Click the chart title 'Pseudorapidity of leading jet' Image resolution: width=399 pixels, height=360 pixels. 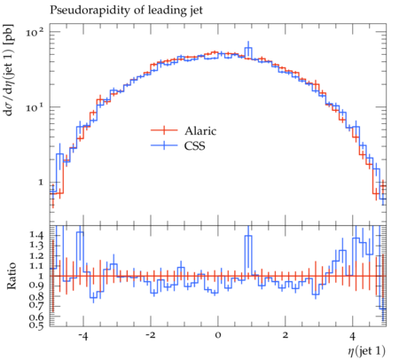126,11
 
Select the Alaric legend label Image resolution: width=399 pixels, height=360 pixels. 200,130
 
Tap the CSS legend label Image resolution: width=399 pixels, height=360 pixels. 194,145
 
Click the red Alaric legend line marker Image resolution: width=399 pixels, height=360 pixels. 164,130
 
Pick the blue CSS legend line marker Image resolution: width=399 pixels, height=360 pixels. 164,145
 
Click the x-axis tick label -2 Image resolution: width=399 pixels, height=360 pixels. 150,336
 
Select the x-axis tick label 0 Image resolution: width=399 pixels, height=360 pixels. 218,336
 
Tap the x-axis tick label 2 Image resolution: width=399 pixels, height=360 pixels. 286,336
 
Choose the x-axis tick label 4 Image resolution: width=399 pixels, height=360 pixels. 352,336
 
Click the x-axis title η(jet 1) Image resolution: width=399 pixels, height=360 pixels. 367,351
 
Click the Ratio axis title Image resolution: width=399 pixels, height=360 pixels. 12,276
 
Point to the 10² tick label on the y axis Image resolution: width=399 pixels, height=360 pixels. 34,32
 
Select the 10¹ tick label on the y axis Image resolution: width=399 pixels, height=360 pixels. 34,106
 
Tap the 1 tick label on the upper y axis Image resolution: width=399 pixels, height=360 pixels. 41,182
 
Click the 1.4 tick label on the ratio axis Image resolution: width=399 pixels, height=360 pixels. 36,235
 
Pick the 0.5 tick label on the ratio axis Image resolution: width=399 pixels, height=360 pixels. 36,325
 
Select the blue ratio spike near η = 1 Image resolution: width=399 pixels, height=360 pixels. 248,236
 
